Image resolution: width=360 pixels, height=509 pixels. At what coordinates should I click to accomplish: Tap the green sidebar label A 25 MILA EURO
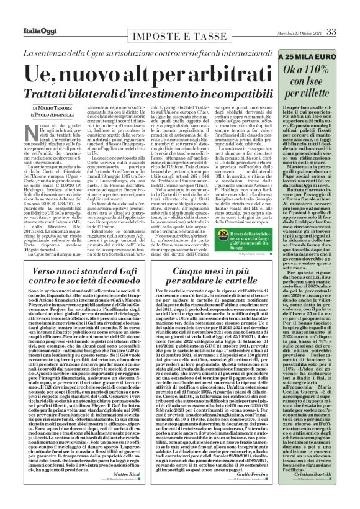[310, 56]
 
